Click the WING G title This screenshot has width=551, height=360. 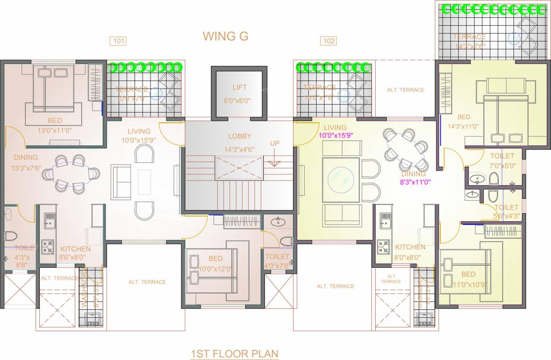point(226,36)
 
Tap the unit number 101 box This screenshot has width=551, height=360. point(118,41)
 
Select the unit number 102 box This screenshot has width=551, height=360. point(329,41)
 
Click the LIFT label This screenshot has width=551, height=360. point(239,88)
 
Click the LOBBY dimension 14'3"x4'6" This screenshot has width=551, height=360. point(240,150)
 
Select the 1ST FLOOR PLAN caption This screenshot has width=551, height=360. point(234,353)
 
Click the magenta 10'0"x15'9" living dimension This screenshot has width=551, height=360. point(335,135)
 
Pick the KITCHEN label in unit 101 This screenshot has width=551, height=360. point(72,248)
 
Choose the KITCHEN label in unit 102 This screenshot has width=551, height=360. point(410,247)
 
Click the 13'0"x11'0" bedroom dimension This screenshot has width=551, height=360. point(55,131)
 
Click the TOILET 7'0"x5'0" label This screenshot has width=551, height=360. point(502,161)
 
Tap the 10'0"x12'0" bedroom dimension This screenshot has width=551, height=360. point(215,269)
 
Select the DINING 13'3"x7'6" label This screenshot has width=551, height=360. point(26,163)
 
